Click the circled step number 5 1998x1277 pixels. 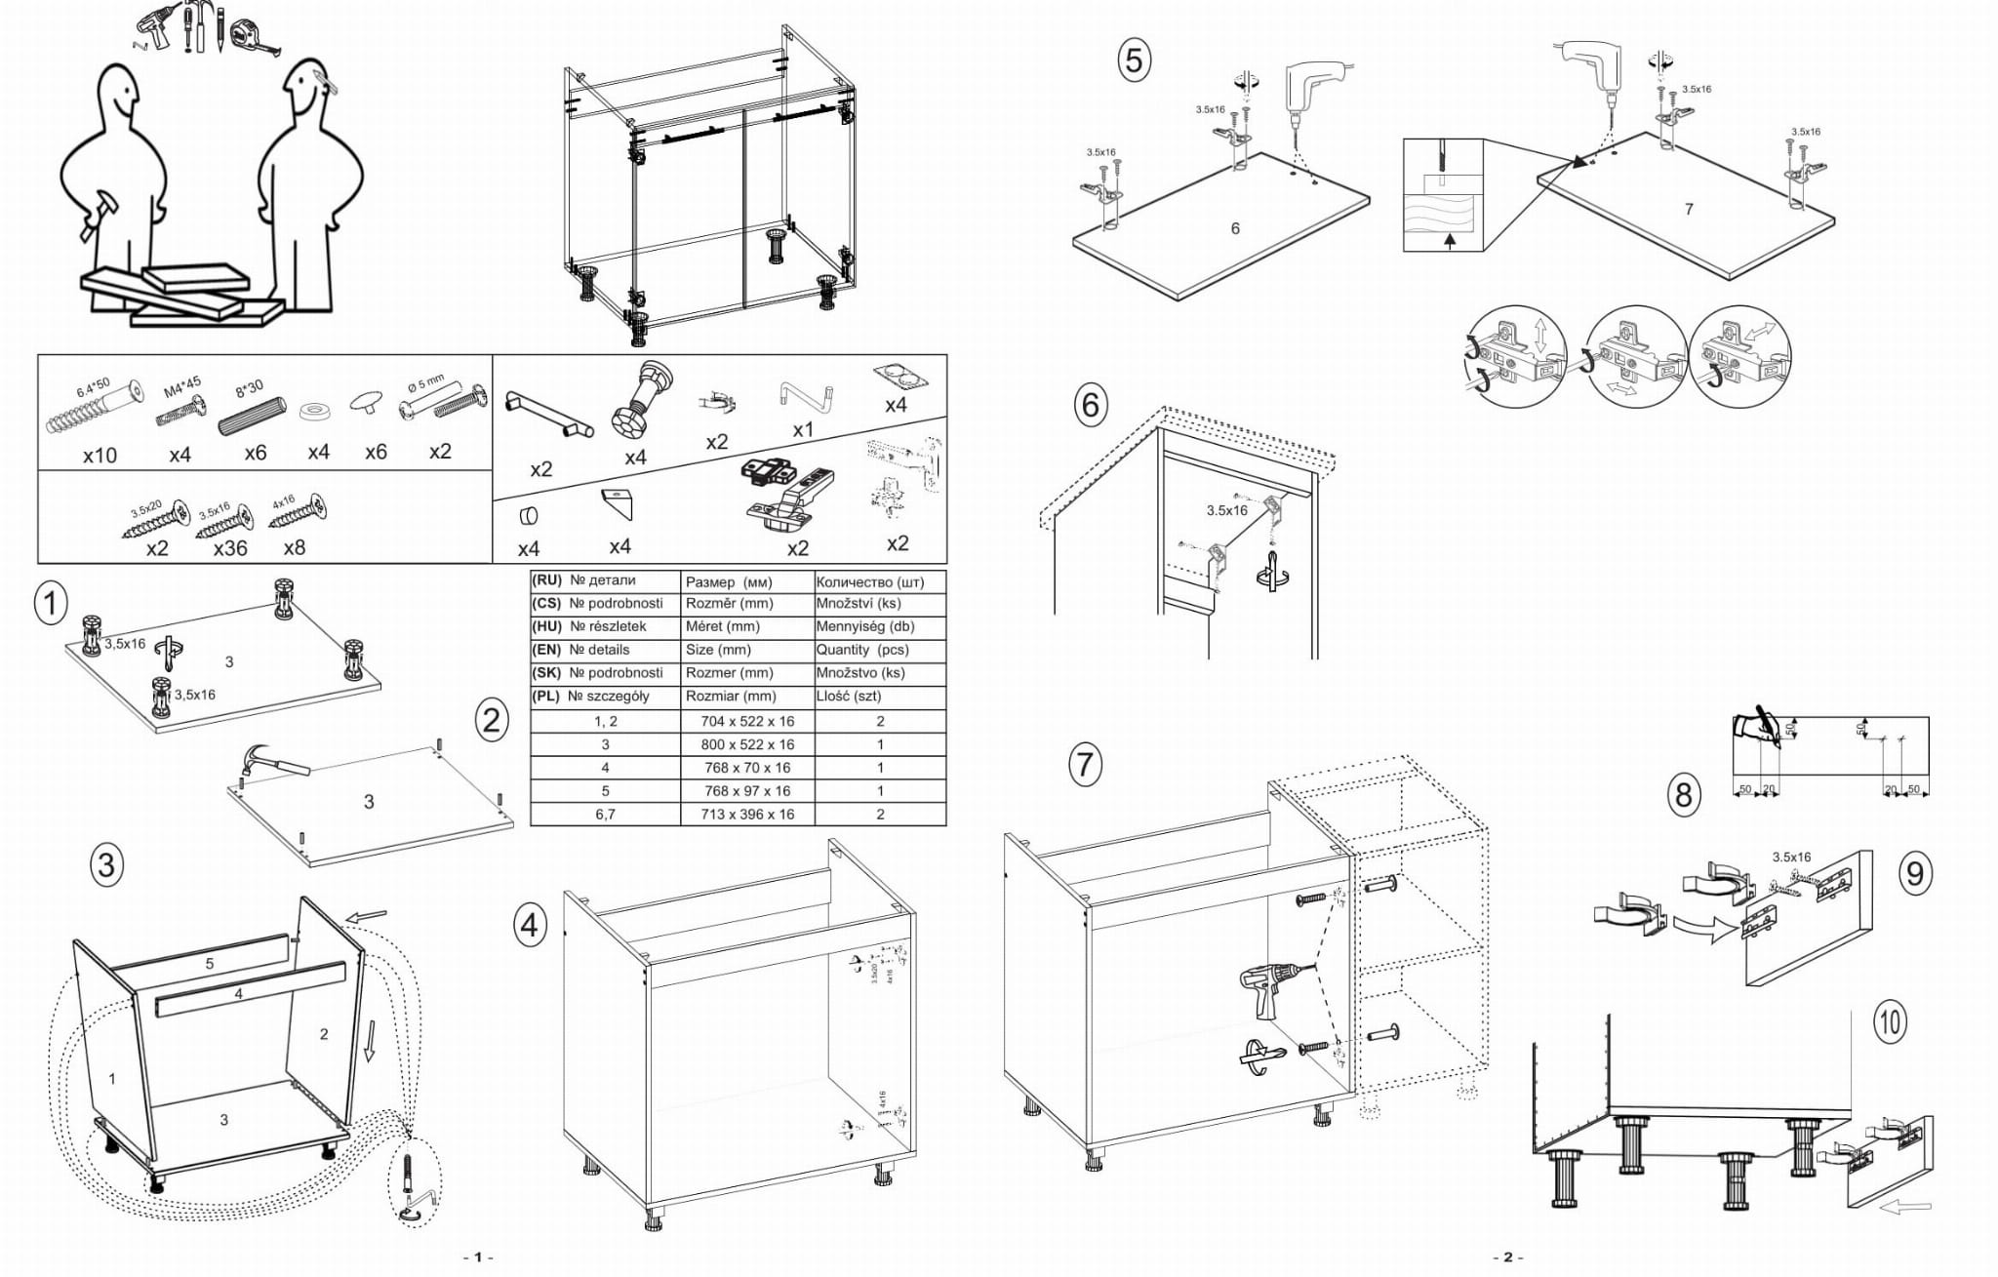1134,60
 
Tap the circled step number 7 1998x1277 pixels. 1085,764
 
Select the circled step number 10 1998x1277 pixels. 1890,1021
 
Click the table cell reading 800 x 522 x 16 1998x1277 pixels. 747,744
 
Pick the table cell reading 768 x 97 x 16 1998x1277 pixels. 747,791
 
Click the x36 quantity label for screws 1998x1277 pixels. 230,548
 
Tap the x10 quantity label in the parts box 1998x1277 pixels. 100,456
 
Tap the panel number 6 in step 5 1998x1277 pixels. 1235,228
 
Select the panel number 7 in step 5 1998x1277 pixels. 1689,209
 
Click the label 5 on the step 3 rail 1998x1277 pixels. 209,964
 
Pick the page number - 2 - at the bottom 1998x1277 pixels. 1506,1257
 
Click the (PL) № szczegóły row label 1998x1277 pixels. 605,697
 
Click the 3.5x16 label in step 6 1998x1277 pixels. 1226,510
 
